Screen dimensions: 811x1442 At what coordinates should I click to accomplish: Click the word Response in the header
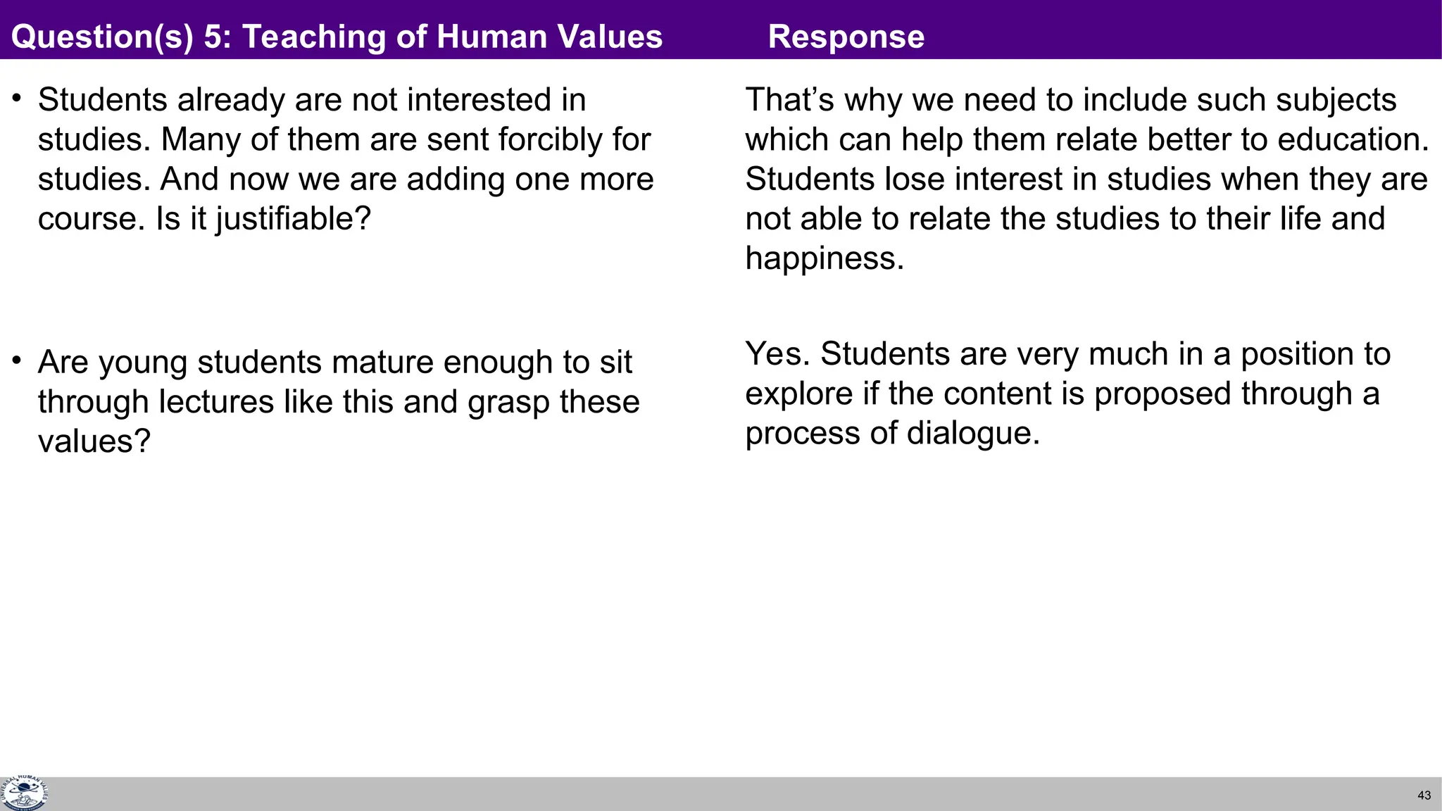point(846,37)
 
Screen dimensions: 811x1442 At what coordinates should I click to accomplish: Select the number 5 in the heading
point(212,37)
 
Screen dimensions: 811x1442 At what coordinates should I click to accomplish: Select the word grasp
point(509,402)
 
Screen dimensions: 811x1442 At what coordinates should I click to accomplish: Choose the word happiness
point(825,258)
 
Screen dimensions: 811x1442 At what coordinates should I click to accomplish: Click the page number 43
point(1424,796)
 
